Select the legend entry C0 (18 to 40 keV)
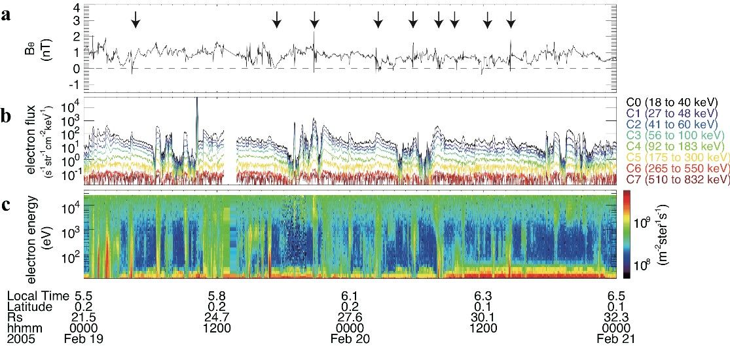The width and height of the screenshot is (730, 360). [672, 103]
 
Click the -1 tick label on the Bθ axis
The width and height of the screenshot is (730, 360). [74, 84]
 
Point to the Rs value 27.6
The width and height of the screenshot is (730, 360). [350, 317]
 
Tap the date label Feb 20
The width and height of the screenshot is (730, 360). [350, 339]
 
